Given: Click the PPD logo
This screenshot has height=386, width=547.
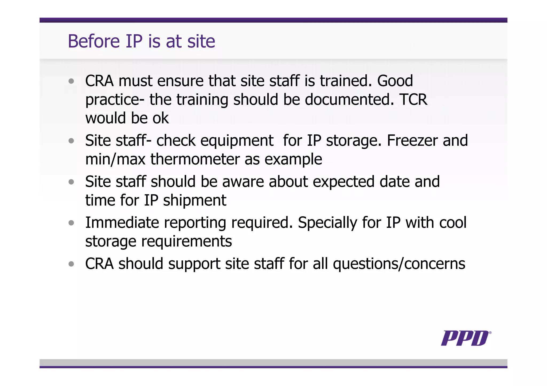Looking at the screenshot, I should (465, 338).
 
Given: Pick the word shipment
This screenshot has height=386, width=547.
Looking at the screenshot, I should (194, 200).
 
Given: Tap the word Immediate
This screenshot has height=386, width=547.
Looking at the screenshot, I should (122, 222).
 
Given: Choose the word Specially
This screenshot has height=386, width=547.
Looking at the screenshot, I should (327, 223).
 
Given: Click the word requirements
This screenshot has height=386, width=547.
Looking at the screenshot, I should (186, 241).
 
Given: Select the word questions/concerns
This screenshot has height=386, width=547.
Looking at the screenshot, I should (399, 264).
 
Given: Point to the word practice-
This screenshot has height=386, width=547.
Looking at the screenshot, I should (115, 100).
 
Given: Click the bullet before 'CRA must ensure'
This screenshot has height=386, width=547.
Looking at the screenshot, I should (71, 81).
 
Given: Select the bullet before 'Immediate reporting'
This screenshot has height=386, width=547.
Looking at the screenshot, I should (71, 223).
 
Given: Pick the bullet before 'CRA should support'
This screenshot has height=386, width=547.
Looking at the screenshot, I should (71, 264).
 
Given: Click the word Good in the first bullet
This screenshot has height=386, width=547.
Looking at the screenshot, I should (395, 81).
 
